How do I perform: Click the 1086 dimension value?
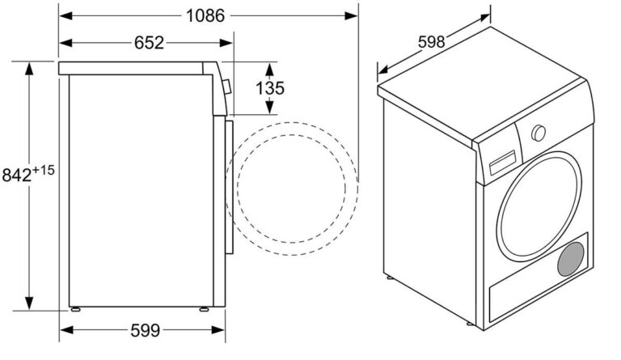(x=205, y=16)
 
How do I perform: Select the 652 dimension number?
(x=149, y=43)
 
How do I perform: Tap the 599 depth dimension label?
(x=146, y=330)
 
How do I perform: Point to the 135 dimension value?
(x=270, y=88)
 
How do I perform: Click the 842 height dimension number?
(x=17, y=175)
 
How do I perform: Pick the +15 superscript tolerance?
(x=44, y=171)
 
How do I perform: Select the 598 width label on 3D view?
(x=431, y=41)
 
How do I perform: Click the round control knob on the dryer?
(x=539, y=133)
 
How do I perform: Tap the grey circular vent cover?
(x=571, y=259)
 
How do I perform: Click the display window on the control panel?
(x=503, y=163)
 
